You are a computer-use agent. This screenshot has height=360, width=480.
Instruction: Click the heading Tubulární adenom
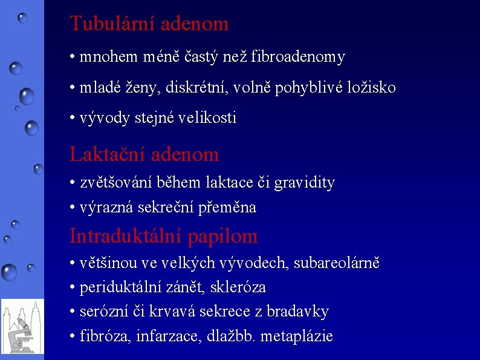pos(149,24)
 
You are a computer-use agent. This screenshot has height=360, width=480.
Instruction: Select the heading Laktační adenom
pos(144,154)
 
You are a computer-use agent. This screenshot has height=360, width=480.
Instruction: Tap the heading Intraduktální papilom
pos(163,236)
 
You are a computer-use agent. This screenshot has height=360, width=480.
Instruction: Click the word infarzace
pos(159,336)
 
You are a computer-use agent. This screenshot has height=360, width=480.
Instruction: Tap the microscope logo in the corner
pos(22,327)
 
